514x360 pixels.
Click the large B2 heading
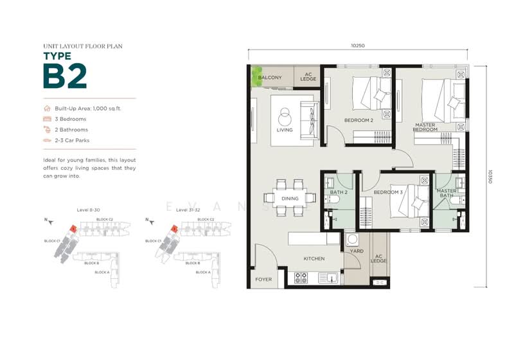coord(64,76)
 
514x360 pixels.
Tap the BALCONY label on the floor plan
coord(270,78)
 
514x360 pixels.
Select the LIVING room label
coord(284,130)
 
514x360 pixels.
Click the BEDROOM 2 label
coord(359,120)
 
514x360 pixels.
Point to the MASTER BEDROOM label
coord(425,127)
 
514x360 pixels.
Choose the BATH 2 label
coord(339,192)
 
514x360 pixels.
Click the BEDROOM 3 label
coord(387,192)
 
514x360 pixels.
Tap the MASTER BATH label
coord(446,194)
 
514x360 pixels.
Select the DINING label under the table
coord(290,199)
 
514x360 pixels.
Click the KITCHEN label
coord(314,258)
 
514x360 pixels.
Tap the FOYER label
coord(263,280)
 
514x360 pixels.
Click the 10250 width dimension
coord(359,46)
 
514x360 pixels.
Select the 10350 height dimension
coord(490,177)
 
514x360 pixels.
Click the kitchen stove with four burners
coord(301,278)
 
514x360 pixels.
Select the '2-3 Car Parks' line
coord(76,139)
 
